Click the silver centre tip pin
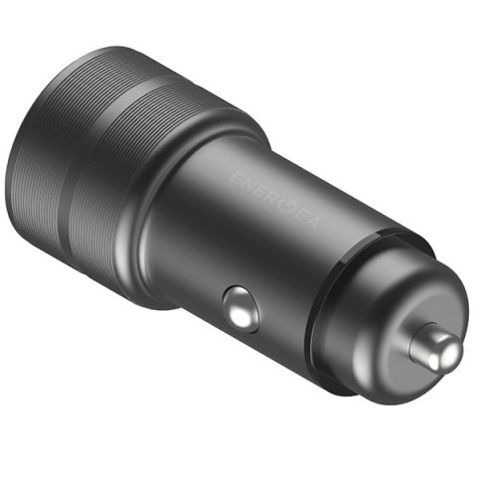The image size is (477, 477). [x=435, y=346]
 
